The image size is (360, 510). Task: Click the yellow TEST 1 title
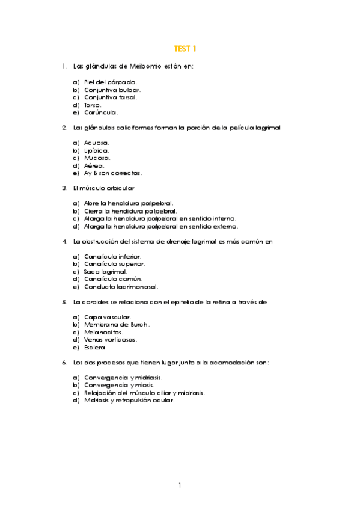coord(185,49)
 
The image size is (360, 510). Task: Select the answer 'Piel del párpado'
coord(111,82)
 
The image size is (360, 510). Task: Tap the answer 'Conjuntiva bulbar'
coord(112,90)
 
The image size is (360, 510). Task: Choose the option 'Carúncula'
coord(101,112)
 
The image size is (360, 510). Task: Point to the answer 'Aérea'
coord(94,165)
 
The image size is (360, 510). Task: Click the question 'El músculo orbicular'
coord(103,188)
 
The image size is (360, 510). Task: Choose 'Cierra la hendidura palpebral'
coord(130,212)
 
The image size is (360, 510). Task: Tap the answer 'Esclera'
coord(94,348)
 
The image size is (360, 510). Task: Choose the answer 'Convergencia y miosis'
coord(119,386)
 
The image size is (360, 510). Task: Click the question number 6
coord(64,363)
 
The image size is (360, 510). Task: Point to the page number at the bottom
coord(180,485)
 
